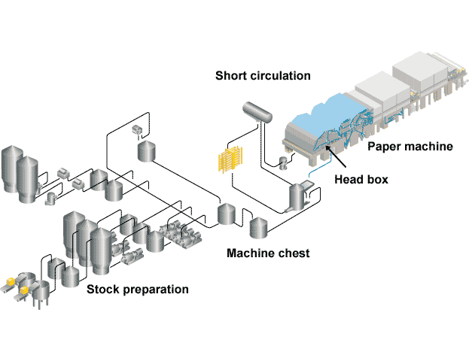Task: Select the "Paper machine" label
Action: (410, 146)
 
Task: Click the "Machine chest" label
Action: (267, 253)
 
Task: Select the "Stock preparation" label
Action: (137, 289)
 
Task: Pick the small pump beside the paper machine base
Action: (284, 162)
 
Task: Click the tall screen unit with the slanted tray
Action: (297, 197)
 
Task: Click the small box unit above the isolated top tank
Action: (137, 130)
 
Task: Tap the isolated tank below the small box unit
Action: (148, 151)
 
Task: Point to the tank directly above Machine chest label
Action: (258, 226)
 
